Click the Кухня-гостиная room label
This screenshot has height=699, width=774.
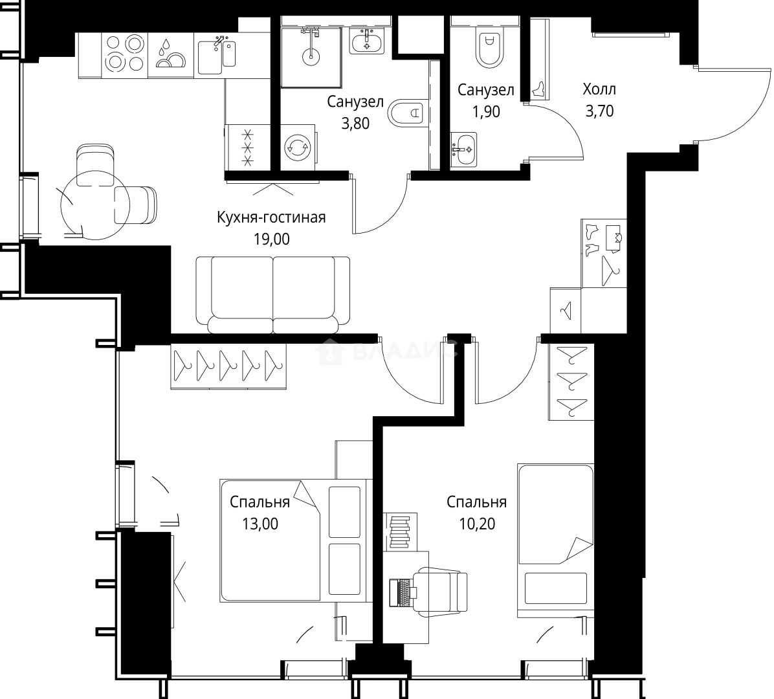[271, 217]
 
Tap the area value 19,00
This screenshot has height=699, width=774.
[271, 239]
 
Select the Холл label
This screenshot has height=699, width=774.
[599, 90]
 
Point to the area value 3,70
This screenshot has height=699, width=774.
[599, 111]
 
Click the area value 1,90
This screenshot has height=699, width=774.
[486, 112]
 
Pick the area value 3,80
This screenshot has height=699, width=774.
[355, 124]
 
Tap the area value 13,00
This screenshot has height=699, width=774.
[260, 524]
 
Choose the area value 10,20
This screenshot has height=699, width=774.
[477, 524]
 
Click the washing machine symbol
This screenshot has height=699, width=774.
[298, 148]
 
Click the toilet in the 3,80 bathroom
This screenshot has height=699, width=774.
[407, 113]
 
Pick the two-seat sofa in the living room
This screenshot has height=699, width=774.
[272, 294]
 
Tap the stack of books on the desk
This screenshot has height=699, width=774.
[400, 531]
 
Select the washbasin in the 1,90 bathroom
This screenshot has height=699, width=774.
[464, 148]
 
